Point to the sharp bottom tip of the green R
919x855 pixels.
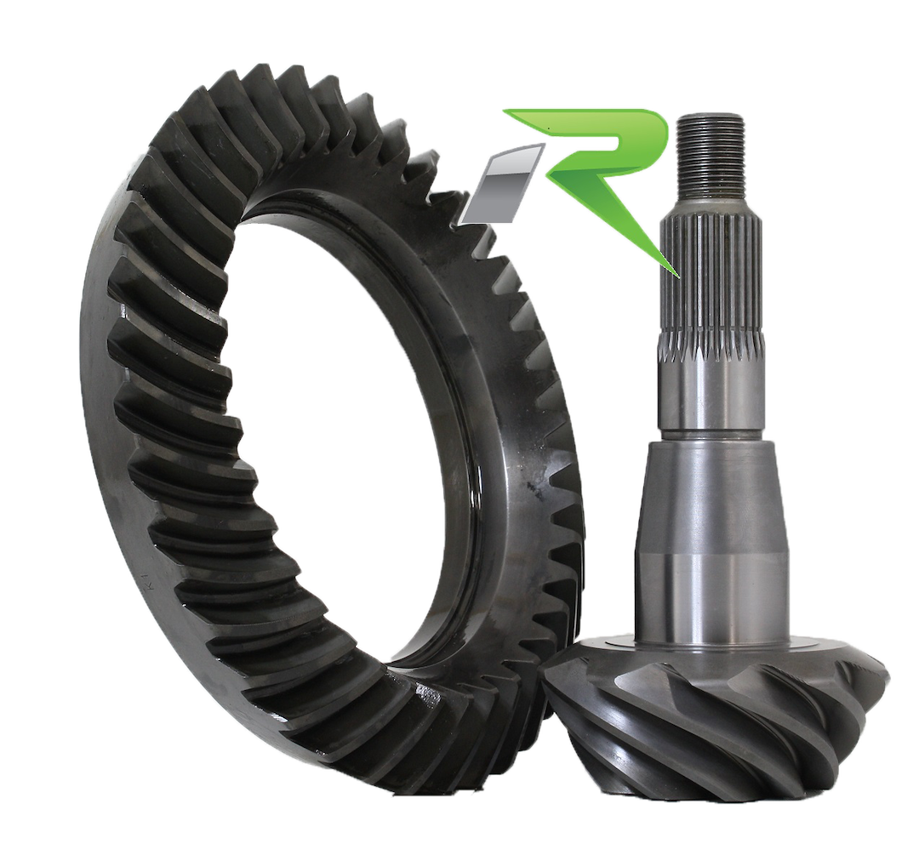(x=678, y=275)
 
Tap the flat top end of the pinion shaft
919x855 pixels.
(x=711, y=117)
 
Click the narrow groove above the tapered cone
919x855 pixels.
(x=713, y=436)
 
